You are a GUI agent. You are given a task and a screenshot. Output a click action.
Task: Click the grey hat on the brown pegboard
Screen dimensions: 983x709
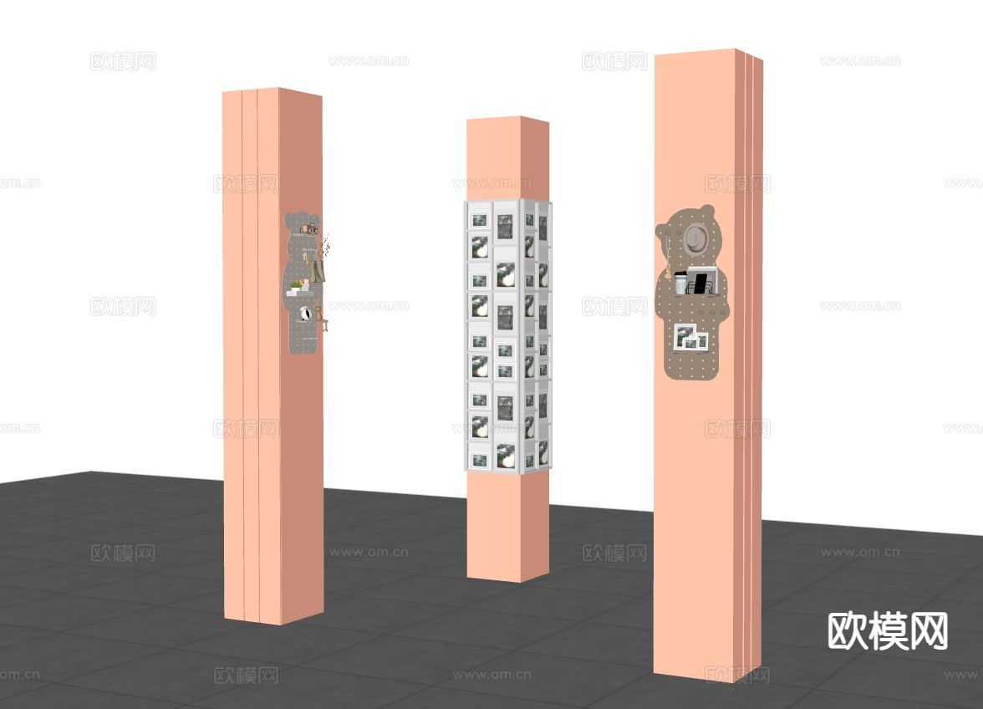[695, 239]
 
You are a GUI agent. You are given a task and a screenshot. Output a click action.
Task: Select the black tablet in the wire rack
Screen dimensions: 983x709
[700, 283]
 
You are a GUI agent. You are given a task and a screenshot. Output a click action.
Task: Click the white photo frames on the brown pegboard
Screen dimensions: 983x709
[690, 337]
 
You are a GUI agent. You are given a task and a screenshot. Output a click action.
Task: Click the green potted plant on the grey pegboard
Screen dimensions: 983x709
[294, 285]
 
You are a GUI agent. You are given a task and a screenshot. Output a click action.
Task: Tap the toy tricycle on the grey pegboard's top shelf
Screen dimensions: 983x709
[308, 229]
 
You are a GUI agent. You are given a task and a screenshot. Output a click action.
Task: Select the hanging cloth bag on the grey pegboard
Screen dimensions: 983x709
[318, 272]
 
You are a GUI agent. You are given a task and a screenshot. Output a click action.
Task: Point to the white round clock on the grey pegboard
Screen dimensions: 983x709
[305, 314]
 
